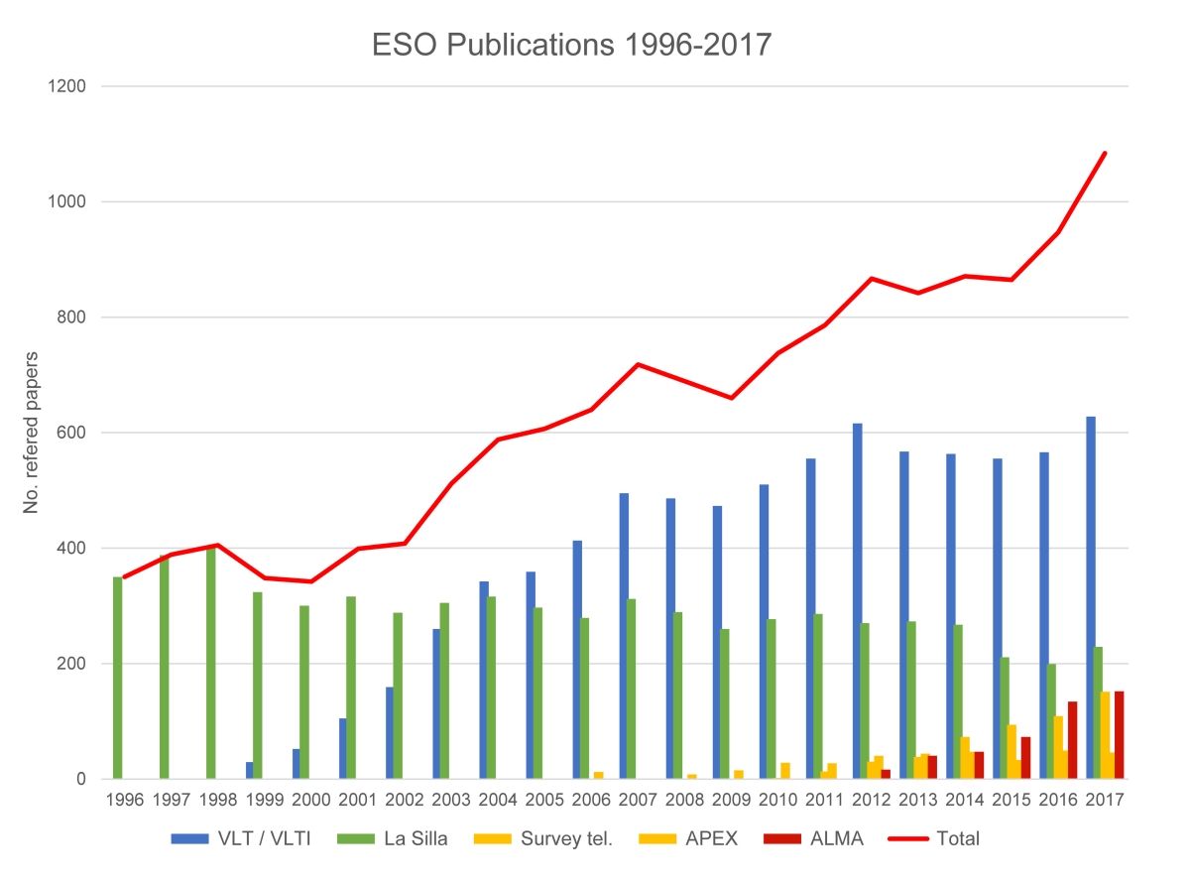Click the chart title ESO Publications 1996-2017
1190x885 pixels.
[570, 45]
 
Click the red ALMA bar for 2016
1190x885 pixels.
[1072, 740]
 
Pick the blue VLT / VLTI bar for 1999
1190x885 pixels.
[250, 770]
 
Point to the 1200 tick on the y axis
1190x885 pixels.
[67, 86]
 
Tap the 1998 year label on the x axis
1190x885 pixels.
[219, 800]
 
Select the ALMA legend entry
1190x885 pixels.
[814, 838]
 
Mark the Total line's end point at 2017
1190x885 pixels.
[1105, 153]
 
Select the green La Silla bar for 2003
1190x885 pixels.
[445, 691]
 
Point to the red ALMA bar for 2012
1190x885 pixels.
[886, 774]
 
